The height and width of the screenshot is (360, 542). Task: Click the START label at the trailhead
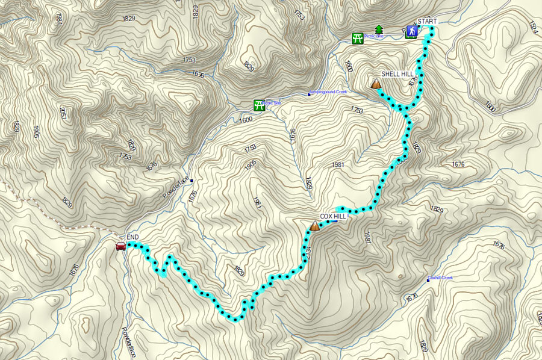[426, 22]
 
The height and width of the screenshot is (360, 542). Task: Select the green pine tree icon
[379, 29]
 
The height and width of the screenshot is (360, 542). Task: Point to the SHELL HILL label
[398, 74]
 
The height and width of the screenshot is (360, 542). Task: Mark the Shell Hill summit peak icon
[376, 84]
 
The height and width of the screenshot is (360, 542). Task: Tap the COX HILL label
[332, 216]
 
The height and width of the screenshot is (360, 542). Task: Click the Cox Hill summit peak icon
[314, 226]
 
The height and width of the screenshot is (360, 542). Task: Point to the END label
[132, 237]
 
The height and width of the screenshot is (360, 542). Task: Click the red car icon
[120, 246]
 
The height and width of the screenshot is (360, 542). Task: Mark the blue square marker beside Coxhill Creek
[428, 281]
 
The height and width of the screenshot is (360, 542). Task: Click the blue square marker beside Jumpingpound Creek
[310, 94]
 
